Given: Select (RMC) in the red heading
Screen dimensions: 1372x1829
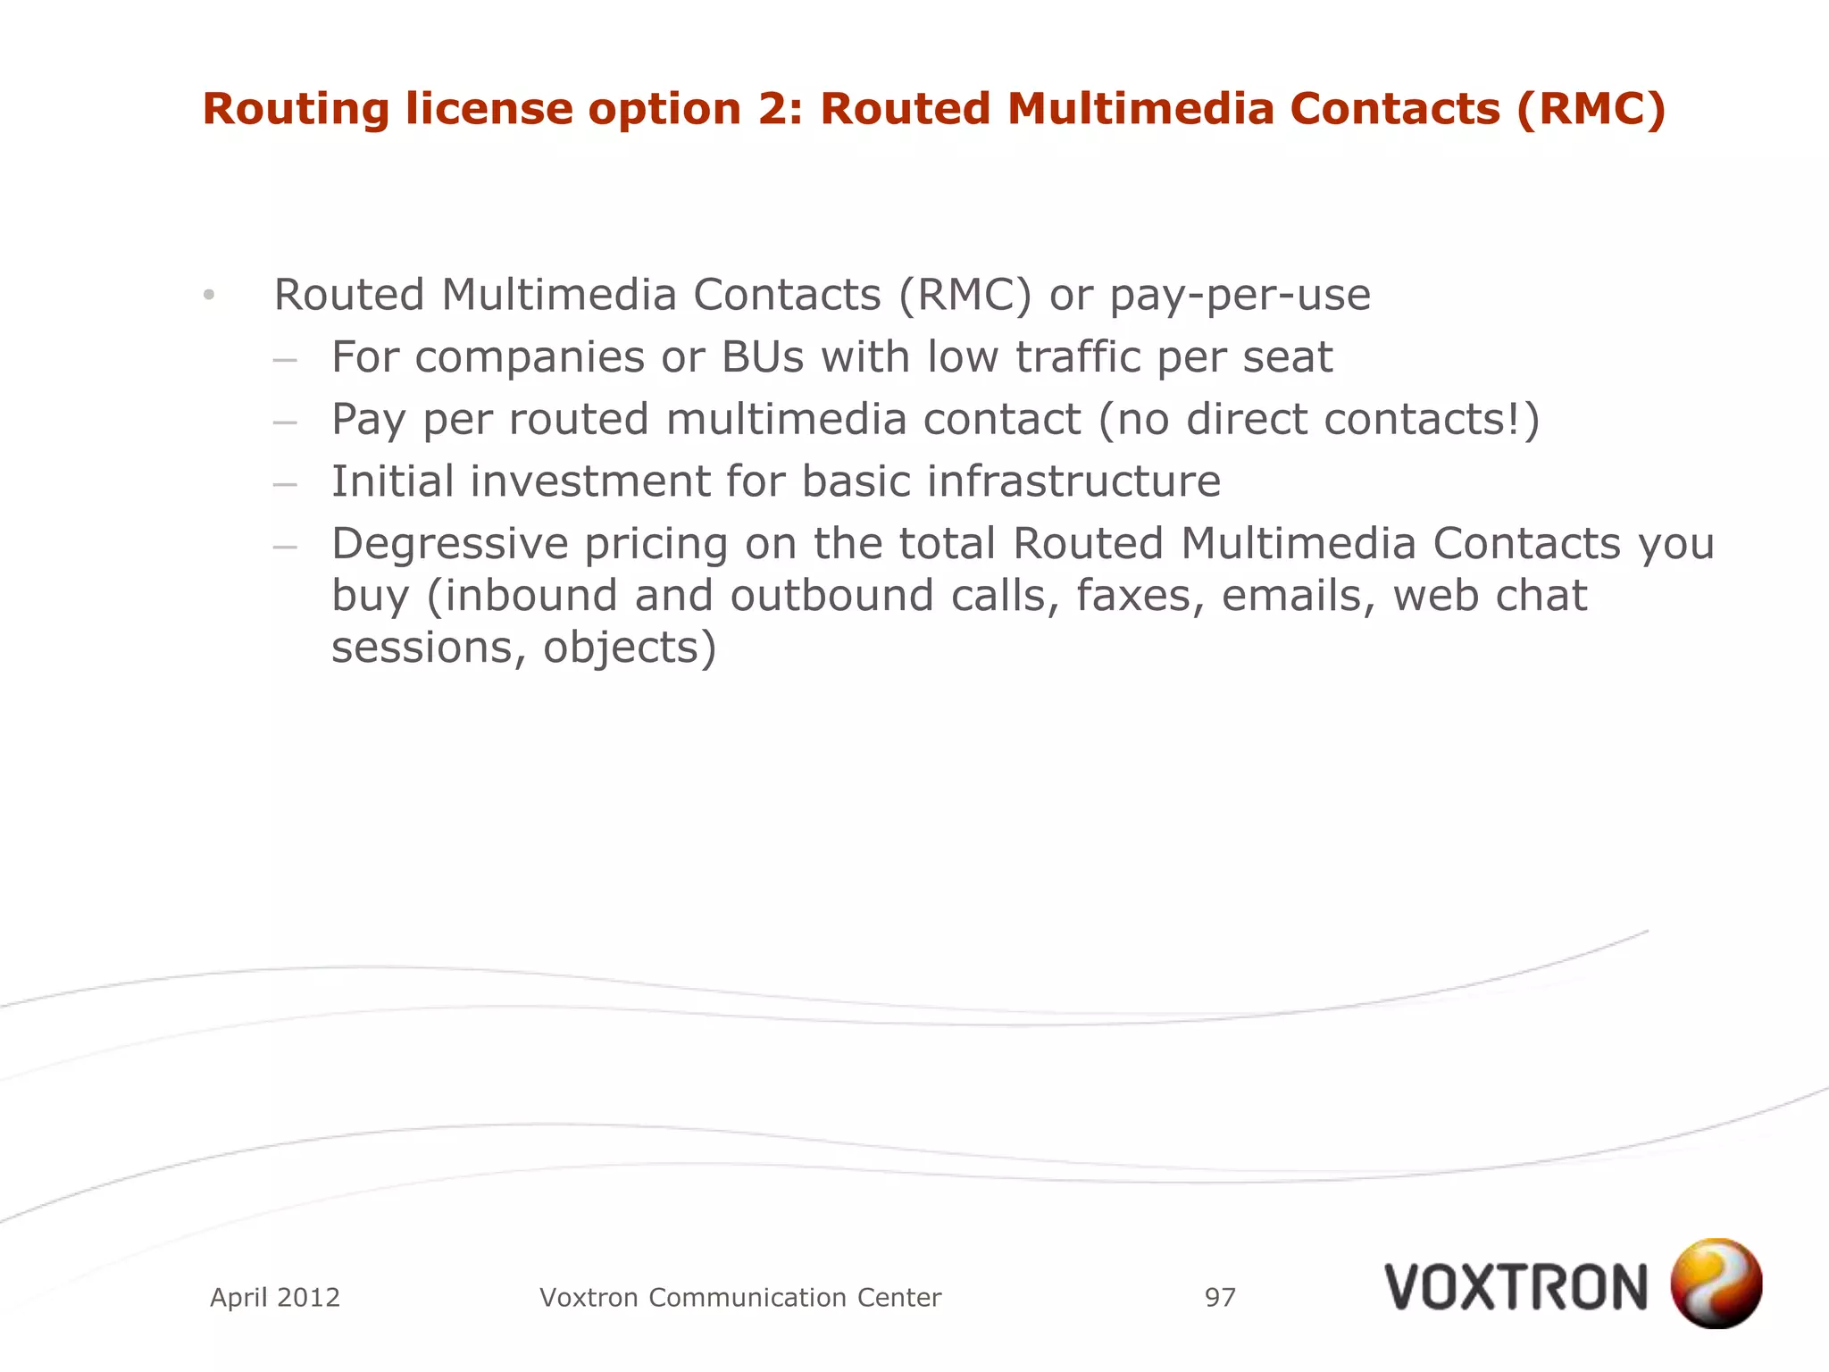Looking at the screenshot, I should coord(1591,109).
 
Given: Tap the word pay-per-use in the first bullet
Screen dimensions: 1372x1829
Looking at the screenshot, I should coord(1240,296).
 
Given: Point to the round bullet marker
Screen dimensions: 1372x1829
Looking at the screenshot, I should coord(209,296).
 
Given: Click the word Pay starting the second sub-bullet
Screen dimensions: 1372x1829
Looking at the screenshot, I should coord(368,420).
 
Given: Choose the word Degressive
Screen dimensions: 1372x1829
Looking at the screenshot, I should coord(449,544).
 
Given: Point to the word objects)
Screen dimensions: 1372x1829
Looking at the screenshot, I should coord(630,648).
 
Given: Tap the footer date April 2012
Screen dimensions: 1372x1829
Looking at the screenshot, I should coord(275,1297).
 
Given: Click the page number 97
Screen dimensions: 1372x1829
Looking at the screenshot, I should coord(1220,1297).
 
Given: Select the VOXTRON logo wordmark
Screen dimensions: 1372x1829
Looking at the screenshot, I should coord(1516,1287).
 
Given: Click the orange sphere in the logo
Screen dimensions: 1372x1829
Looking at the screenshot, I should coord(1716,1283).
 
